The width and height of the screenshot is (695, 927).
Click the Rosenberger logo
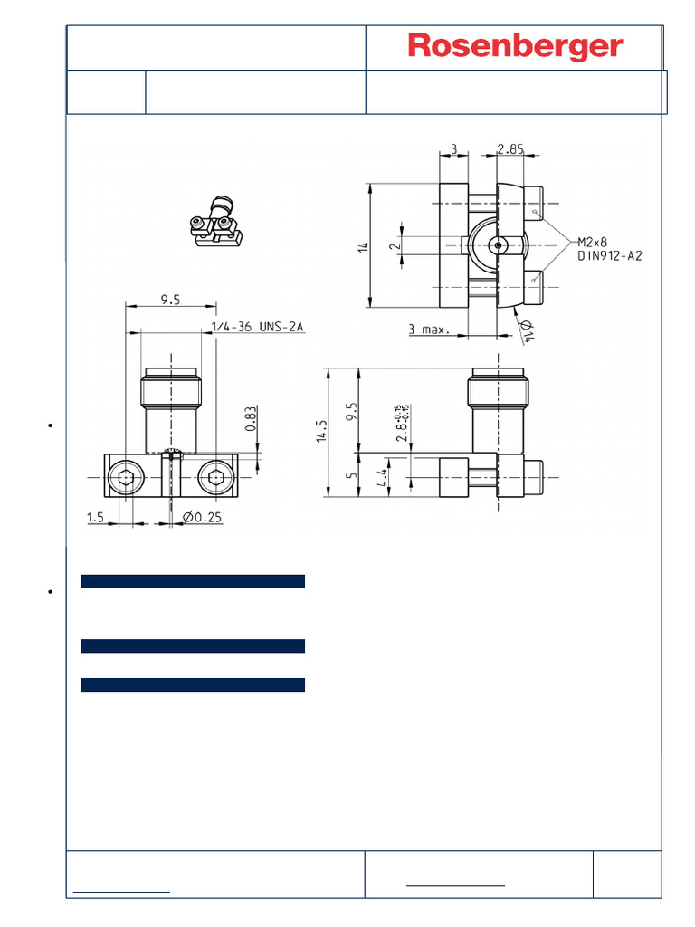[x=515, y=47]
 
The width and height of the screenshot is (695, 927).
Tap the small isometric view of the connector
[x=216, y=223]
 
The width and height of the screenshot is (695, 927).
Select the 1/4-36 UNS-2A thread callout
[x=258, y=327]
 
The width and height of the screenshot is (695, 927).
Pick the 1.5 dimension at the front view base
[x=96, y=517]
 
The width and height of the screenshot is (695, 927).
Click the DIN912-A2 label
[x=610, y=256]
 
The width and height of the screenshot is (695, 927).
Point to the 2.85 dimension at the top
[x=510, y=150]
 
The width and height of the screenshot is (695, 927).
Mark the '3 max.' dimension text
[x=429, y=330]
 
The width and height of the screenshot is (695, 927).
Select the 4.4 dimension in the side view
[x=384, y=477]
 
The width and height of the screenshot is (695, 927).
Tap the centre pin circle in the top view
[x=497, y=244]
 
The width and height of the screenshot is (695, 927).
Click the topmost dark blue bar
[x=193, y=581]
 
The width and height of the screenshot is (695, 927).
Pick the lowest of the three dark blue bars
[x=193, y=684]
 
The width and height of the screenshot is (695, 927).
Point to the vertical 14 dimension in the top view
[x=363, y=245]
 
